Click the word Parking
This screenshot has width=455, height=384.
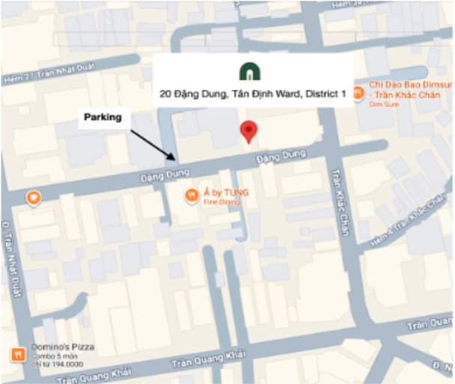[x=103, y=118]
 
